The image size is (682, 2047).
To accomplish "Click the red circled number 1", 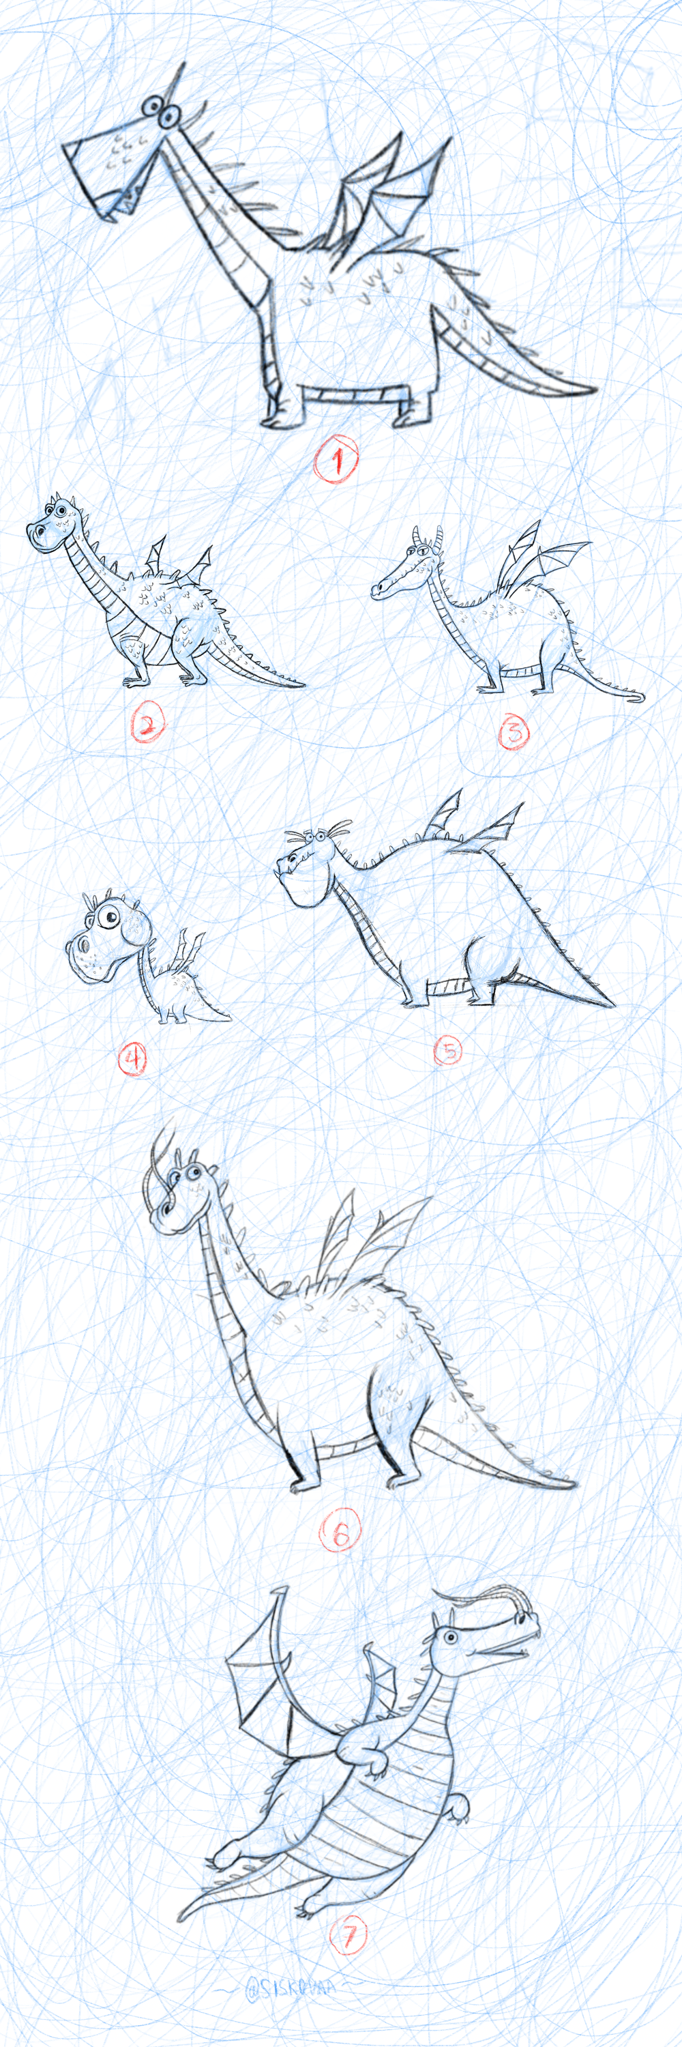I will [x=336, y=459].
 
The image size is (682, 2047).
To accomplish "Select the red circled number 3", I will [x=513, y=731].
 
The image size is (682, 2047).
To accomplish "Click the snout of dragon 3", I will [x=381, y=589].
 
